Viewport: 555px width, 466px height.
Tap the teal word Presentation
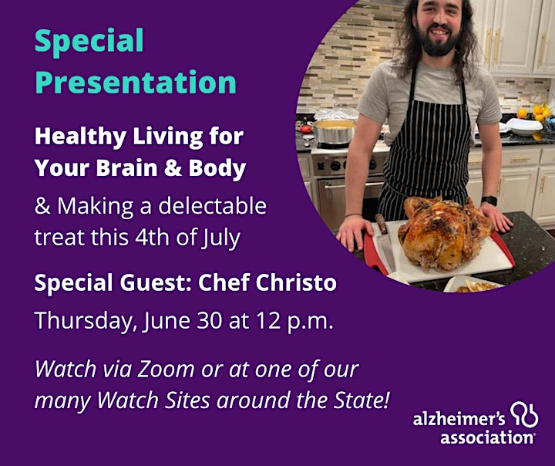pos(136,83)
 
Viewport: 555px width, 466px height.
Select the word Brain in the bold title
pos(126,167)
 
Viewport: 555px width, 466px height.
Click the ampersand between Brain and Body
pos(173,167)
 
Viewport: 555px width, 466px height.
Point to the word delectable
pos(212,205)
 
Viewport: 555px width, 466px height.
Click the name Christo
pos(296,282)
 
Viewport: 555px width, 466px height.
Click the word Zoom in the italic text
pos(166,370)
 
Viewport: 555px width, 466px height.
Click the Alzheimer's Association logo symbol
pos(524,414)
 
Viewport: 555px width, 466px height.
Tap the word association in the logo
pos(487,437)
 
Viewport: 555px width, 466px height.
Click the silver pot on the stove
pos(335,130)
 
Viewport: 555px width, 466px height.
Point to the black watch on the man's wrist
pos(489,201)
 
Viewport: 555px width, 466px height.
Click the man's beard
pos(439,41)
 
